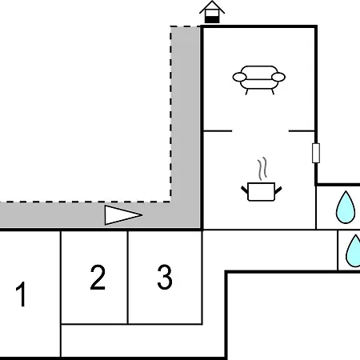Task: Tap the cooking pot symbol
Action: click(262, 191)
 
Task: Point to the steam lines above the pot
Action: click(262, 168)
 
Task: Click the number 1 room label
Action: click(21, 294)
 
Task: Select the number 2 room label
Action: click(98, 278)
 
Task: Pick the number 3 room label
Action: click(165, 277)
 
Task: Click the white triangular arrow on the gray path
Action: click(123, 215)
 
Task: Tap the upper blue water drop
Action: click(346, 207)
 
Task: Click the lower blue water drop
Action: click(354, 250)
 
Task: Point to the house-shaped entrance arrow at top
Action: click(212, 12)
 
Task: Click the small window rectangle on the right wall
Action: click(316, 153)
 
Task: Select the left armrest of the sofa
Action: click(239, 77)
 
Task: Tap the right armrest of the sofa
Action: click(278, 77)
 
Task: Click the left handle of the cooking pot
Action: click(245, 190)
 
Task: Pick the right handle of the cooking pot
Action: click(278, 190)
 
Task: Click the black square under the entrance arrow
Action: click(212, 20)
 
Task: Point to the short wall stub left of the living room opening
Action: click(218, 131)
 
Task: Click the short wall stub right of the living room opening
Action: click(302, 131)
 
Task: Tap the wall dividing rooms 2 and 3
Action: click(128, 278)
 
